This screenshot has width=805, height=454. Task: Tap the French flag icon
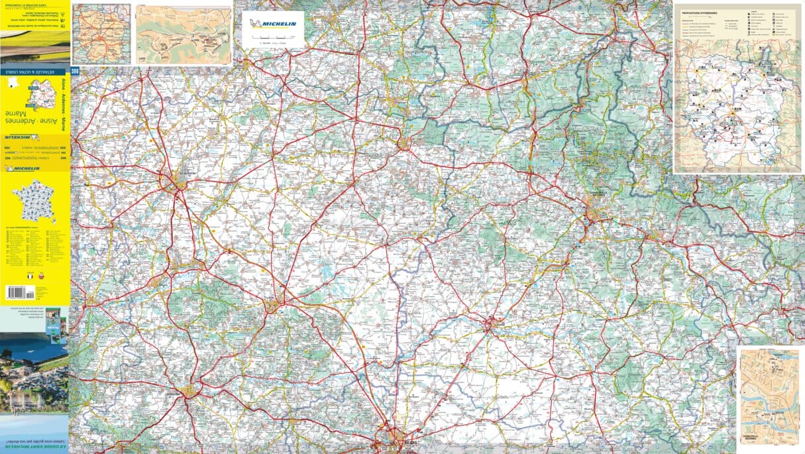pos(29,274)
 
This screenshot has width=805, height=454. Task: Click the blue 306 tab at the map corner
pos(74,70)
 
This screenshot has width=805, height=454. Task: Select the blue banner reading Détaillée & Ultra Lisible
pos(34,70)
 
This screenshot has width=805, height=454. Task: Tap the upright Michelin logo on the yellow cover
pos(23,168)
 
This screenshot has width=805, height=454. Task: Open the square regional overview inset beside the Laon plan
pos(101,34)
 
